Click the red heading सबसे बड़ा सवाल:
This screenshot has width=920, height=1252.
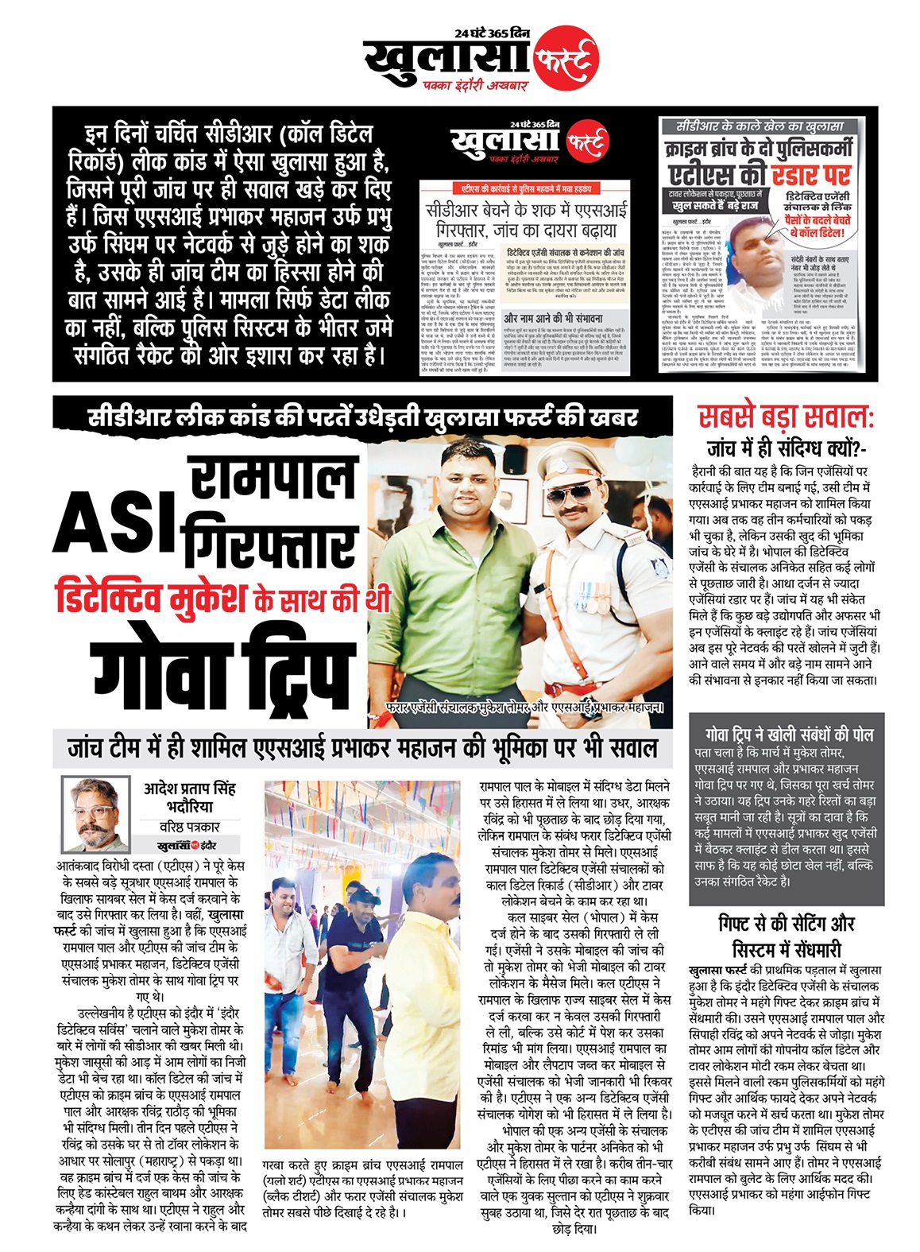[x=786, y=417]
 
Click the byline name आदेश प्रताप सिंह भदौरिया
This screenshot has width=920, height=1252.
[x=190, y=797]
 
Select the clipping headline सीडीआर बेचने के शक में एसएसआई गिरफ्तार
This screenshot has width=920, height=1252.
[x=526, y=219]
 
